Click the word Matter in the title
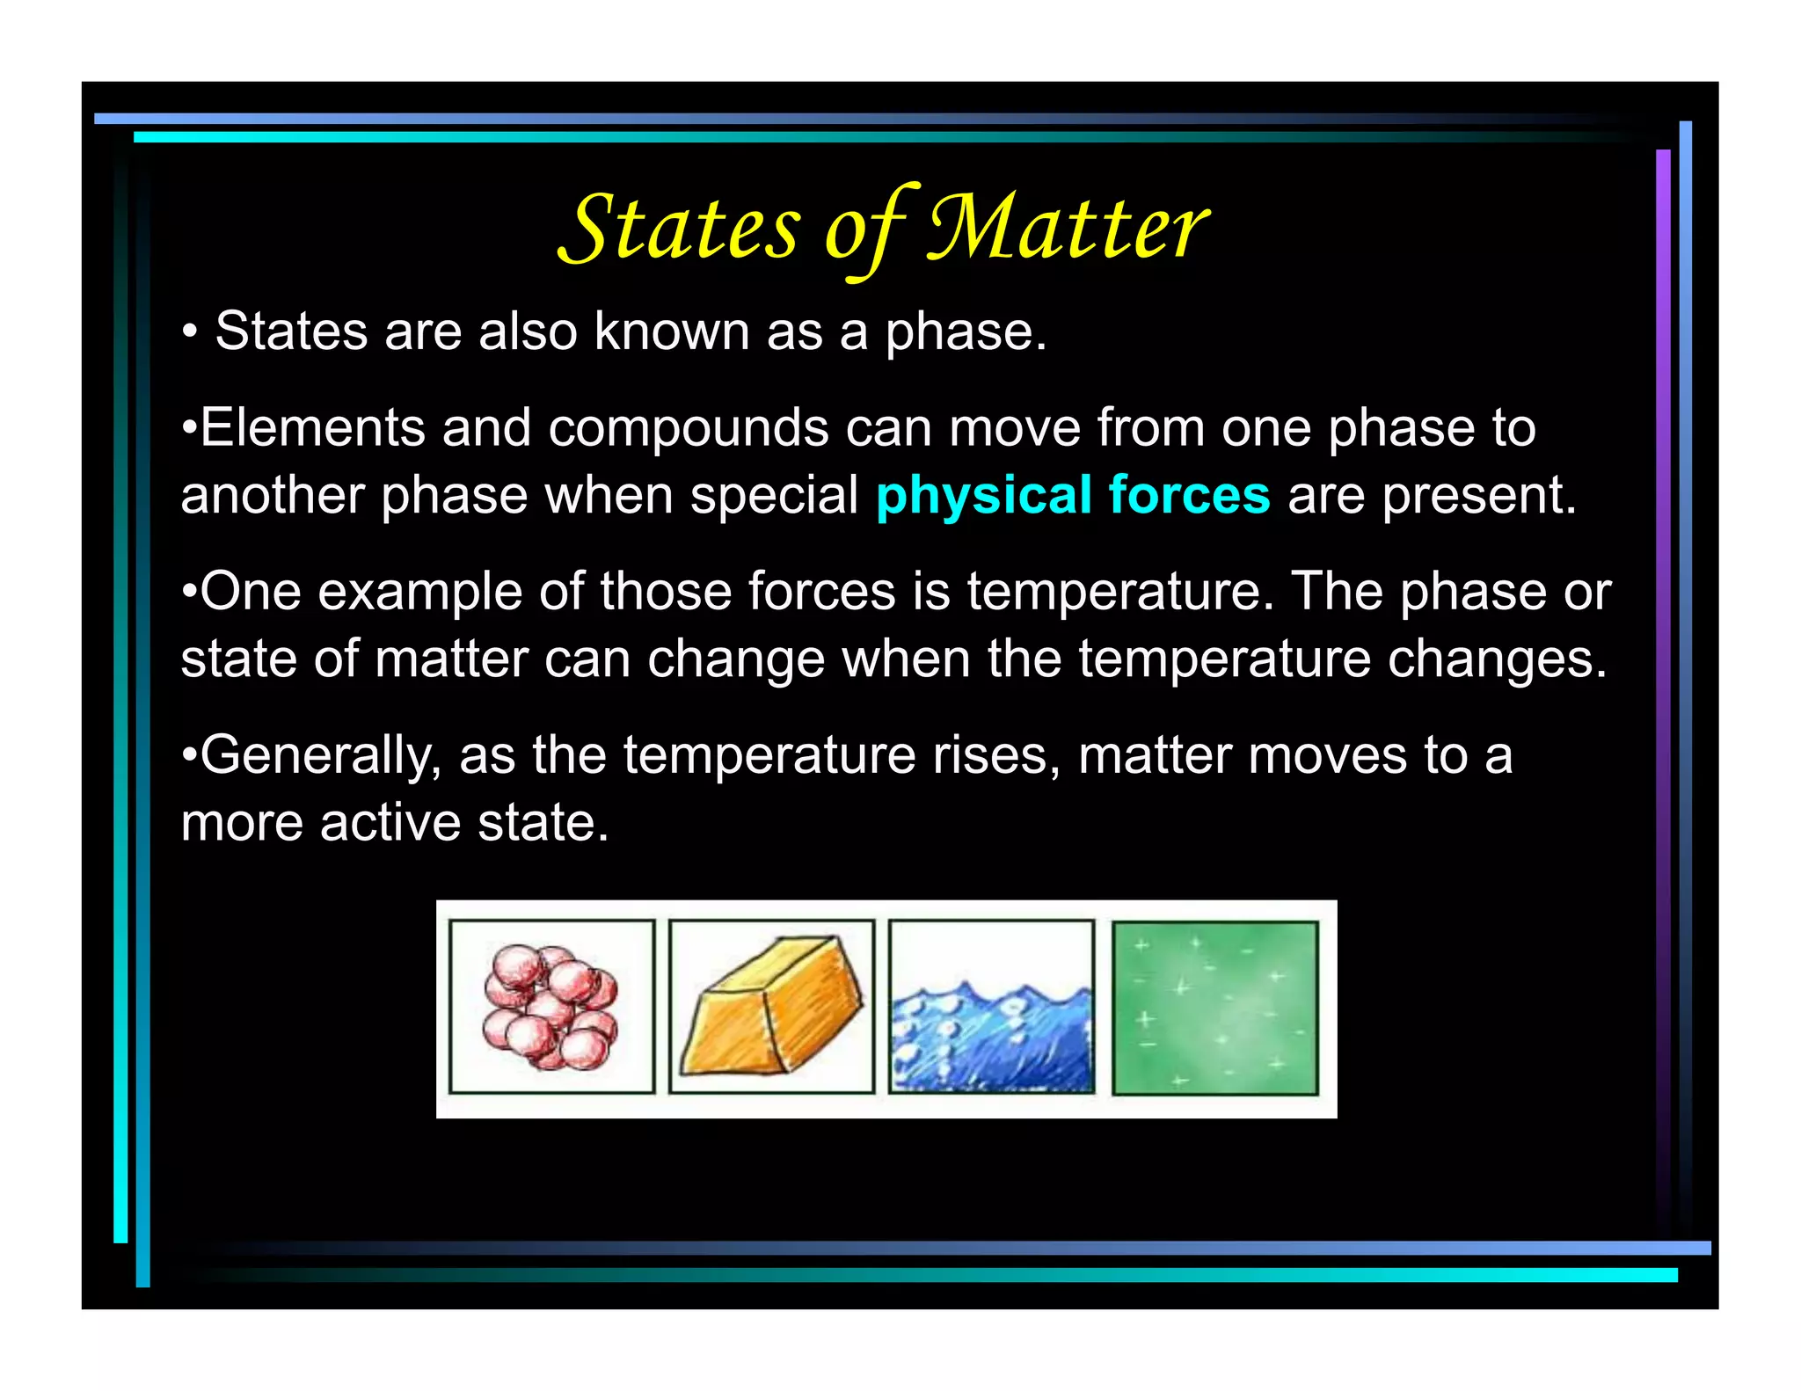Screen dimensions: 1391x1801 tap(1068, 228)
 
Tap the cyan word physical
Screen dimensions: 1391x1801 tap(983, 495)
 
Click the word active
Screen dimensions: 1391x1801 tap(390, 823)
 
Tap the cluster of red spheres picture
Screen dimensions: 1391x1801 tap(551, 1007)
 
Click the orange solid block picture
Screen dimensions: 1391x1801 tap(771, 1007)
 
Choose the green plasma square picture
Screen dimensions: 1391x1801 tap(1214, 1007)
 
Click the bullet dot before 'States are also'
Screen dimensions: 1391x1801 tap(189, 333)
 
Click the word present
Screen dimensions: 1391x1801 tap(1477, 495)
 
